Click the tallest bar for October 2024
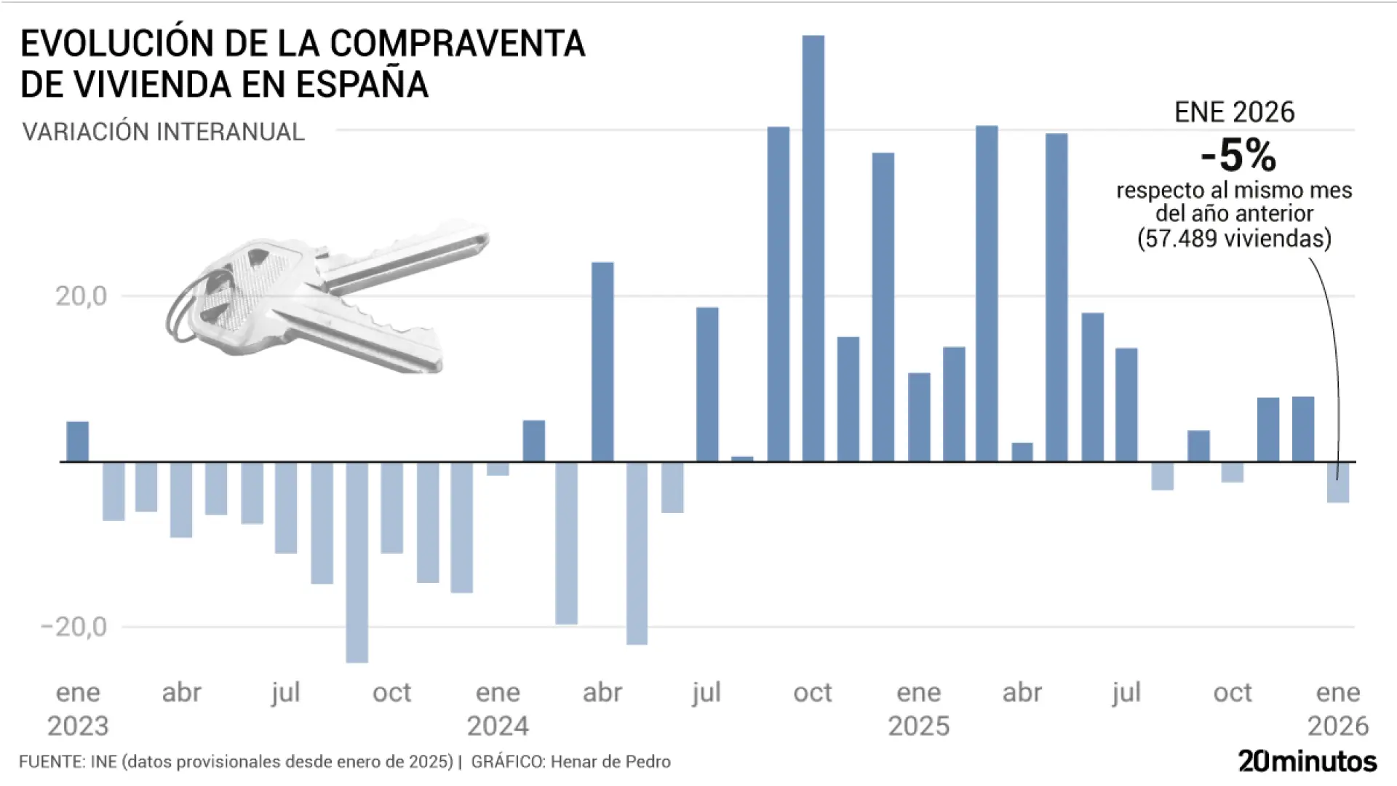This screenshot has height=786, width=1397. [813, 247]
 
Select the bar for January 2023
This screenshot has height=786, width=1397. [78, 442]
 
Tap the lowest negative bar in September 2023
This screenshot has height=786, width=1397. [357, 562]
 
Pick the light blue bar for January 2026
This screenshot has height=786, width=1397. [1337, 483]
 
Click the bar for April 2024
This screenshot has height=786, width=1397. [602, 362]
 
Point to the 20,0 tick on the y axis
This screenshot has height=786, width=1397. [81, 296]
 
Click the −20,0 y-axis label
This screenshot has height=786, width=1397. [74, 627]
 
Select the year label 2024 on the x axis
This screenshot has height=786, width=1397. [498, 726]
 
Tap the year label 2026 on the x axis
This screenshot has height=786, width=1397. [1337, 726]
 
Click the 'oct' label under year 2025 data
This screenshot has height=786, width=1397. [1232, 692]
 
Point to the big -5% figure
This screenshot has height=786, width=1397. [1238, 155]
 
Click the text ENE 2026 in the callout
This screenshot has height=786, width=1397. [1235, 112]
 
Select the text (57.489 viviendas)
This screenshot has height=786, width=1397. [1234, 238]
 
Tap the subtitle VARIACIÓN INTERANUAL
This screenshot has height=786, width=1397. [163, 132]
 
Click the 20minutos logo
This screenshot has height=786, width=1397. [1307, 761]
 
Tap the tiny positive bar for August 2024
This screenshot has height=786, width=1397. [742, 458]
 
